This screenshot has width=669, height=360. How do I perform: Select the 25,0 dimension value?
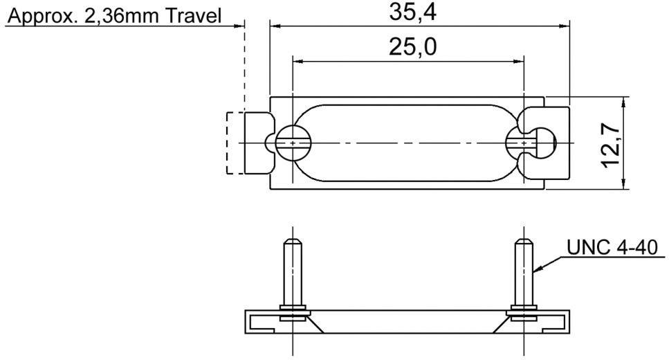(x=408, y=47)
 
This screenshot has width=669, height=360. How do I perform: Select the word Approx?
(x=38, y=15)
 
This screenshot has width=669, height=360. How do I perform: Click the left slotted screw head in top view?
(x=293, y=143)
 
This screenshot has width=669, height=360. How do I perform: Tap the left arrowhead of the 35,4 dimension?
(x=274, y=26)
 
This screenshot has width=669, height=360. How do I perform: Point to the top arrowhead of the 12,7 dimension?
(x=624, y=101)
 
